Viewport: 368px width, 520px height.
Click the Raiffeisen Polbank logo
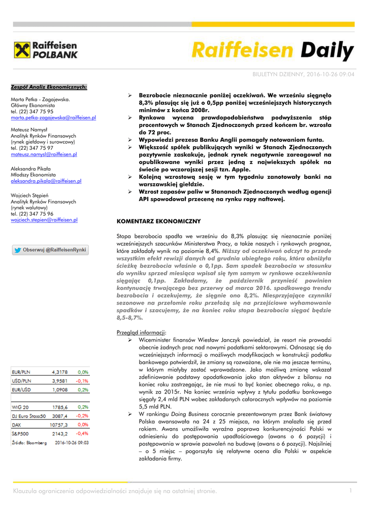tap(45, 51)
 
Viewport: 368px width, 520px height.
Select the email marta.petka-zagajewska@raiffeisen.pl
tap(53, 117)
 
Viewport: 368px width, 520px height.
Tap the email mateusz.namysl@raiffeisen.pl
tap(44, 154)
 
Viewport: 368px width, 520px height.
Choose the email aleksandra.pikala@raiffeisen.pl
tap(46, 180)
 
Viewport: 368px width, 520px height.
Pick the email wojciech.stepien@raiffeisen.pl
tap(44, 220)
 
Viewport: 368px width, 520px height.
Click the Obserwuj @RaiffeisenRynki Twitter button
tap(50, 250)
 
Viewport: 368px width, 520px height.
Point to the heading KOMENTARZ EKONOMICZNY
tap(159, 221)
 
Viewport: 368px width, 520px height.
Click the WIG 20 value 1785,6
tap(59, 407)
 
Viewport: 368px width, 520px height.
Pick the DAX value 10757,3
tap(58, 425)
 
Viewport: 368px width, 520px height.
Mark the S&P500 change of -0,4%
tap(82, 433)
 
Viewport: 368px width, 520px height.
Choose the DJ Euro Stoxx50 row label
tap(29, 415)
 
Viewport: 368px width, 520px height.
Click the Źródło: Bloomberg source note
tap(29, 442)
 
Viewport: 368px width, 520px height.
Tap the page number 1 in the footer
tap(350, 491)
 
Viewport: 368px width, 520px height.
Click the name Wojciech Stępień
tap(29, 195)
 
